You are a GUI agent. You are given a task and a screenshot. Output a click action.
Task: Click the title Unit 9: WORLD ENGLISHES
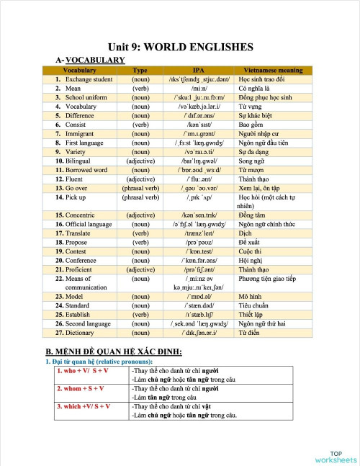point(180,47)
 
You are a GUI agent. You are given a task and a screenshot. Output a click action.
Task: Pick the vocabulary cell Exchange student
point(89,79)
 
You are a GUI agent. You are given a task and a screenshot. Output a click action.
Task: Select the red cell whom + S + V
point(82,388)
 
